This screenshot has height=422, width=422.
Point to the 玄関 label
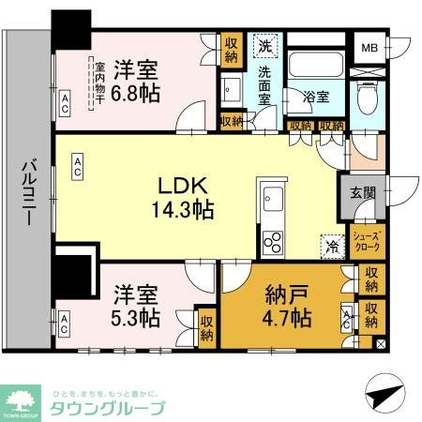[x=363, y=193]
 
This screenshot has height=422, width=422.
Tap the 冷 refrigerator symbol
[x=332, y=246]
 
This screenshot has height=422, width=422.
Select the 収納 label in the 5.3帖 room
[x=206, y=328]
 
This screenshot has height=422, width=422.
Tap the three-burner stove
[x=271, y=242]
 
